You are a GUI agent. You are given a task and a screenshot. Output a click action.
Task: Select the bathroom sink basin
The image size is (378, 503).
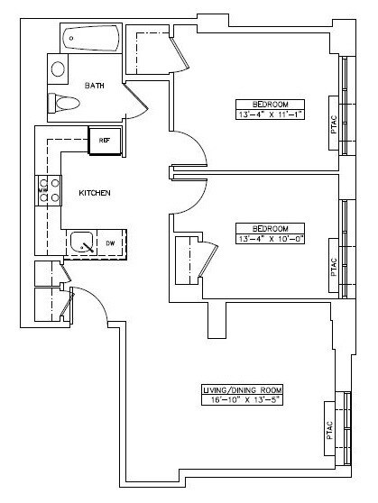click(58, 69)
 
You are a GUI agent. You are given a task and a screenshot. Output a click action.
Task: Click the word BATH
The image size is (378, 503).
click(95, 86)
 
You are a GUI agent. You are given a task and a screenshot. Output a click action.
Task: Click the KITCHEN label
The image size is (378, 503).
click(95, 194)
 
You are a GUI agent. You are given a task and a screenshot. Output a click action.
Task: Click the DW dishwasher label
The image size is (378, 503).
click(110, 243)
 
